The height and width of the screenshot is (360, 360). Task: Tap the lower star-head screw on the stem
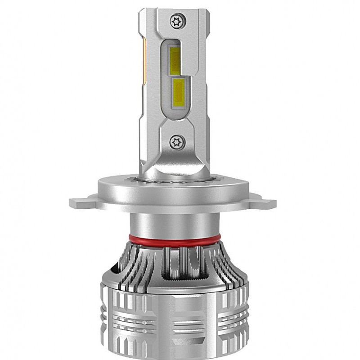[176, 142]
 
